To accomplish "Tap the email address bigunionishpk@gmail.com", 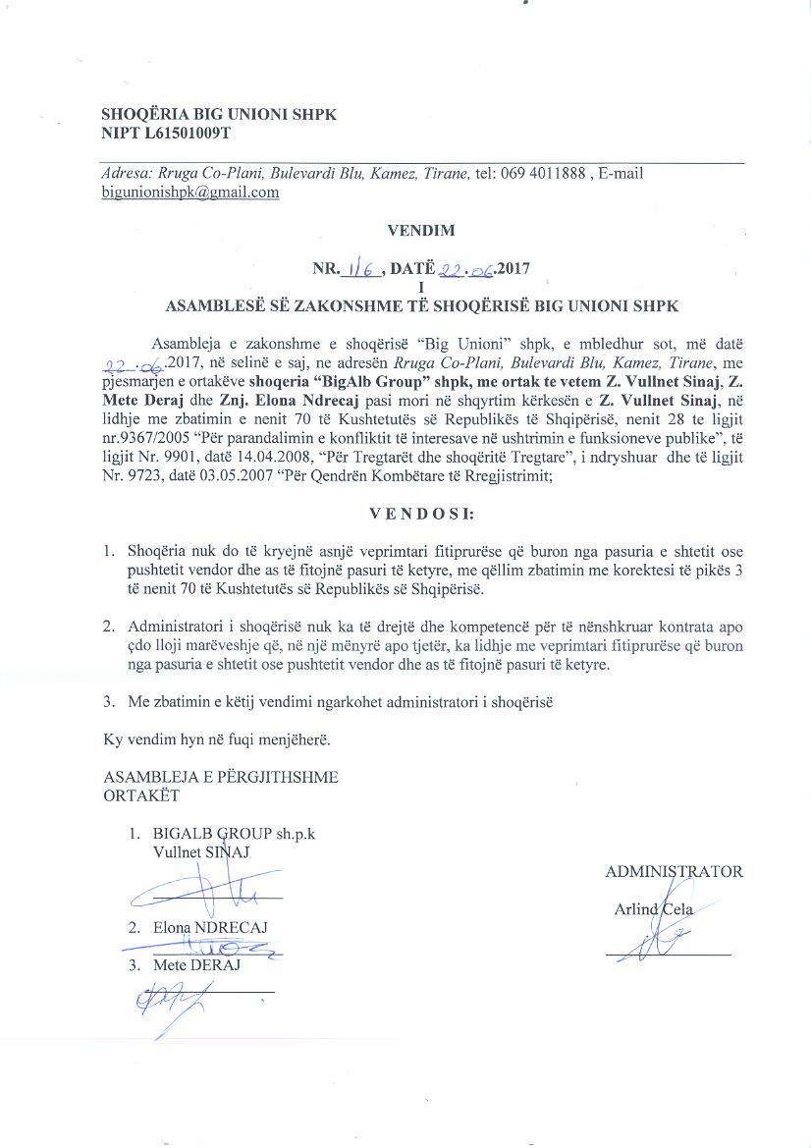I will [x=190, y=192].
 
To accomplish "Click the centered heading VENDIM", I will [x=420, y=232].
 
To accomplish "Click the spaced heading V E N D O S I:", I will [x=421, y=514].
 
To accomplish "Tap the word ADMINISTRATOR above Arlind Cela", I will [x=674, y=871].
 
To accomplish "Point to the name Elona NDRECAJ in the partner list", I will [x=210, y=927].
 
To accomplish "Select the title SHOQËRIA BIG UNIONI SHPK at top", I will [x=219, y=114].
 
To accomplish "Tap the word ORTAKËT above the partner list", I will [x=141, y=794].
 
